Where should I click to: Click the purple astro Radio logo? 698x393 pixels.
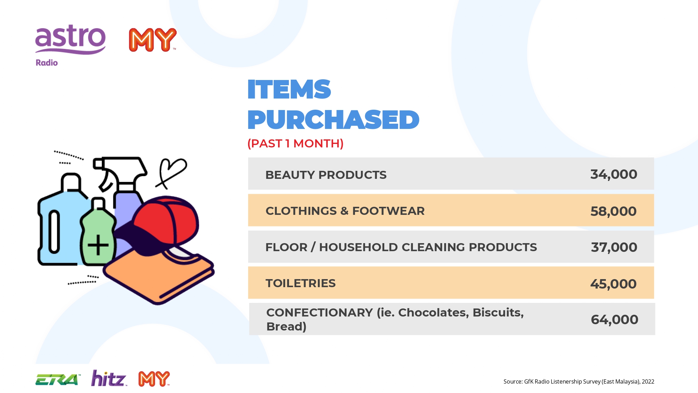click(x=70, y=45)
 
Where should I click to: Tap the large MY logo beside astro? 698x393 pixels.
click(x=153, y=40)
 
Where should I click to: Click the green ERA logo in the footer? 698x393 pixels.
click(x=58, y=379)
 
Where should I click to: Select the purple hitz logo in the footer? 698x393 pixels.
click(x=109, y=378)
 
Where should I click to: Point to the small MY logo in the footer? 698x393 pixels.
click(x=154, y=379)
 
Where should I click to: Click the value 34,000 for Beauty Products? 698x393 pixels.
click(x=614, y=174)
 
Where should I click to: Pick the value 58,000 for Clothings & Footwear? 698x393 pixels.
click(x=613, y=211)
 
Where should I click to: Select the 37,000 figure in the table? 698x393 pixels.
click(x=614, y=247)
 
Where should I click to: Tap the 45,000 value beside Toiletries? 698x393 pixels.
click(x=613, y=284)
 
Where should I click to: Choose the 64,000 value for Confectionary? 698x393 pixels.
click(x=614, y=320)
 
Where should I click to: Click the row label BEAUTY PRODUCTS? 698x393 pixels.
click(x=326, y=175)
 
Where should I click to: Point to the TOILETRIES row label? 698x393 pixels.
click(x=300, y=283)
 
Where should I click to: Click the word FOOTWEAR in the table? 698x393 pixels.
click(x=388, y=211)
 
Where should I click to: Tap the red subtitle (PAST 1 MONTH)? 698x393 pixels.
click(x=296, y=143)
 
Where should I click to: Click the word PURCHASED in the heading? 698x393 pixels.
click(x=333, y=120)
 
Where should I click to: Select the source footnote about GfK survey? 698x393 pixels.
click(x=579, y=381)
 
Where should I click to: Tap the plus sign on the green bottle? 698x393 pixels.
click(x=98, y=245)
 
